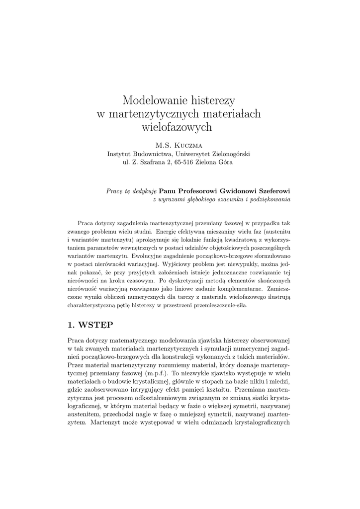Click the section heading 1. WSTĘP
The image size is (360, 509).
point(90,325)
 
